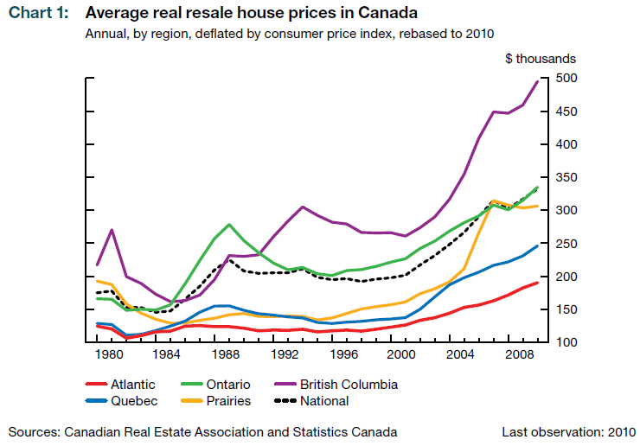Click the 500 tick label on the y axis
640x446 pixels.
[x=565, y=79]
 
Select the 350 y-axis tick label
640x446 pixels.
[x=565, y=177]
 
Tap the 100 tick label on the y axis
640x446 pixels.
[x=565, y=343]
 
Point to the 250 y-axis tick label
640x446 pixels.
[x=565, y=244]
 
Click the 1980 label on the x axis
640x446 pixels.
[x=108, y=354]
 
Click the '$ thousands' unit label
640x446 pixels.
[x=541, y=59]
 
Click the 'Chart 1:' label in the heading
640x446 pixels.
[x=37, y=14]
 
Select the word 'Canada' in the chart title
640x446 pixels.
[x=387, y=14]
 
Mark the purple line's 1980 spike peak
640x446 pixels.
[x=112, y=230]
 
